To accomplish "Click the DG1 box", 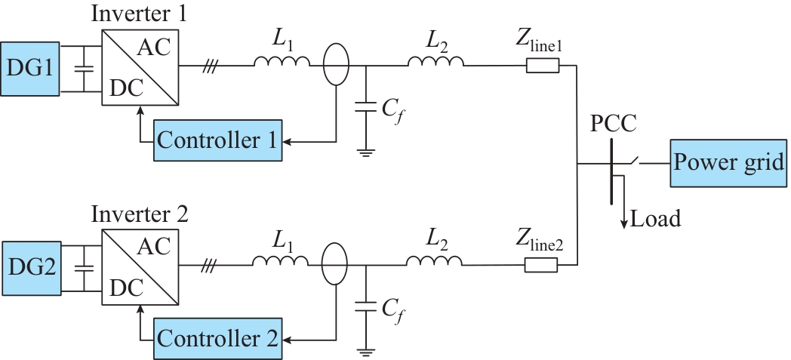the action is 29,69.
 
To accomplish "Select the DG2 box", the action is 31,268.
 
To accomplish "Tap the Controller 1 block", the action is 217,140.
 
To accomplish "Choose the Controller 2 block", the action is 217,339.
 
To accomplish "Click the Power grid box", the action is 728,163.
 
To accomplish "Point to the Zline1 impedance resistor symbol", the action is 543,66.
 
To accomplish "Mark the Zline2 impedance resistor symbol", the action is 541,265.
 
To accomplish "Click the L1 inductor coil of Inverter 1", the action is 282,61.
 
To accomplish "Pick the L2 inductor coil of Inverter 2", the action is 434,260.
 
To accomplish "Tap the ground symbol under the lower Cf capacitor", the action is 365,352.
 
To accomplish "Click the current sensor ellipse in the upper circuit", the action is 335,64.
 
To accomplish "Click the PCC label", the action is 614,124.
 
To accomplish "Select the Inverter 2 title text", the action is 140,214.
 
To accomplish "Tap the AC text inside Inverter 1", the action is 155,48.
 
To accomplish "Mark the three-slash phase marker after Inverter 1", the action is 208,66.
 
